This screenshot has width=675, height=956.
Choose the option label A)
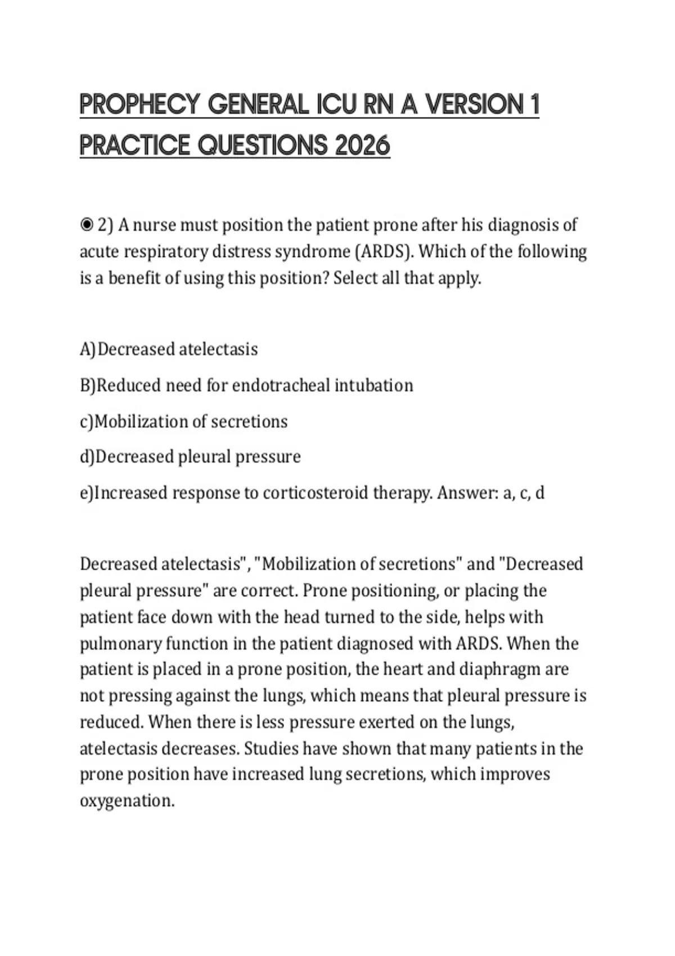88,349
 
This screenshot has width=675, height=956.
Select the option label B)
88,385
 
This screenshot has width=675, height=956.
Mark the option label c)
87,421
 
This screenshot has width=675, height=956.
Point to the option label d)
87,457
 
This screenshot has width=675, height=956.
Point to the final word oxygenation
127,801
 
